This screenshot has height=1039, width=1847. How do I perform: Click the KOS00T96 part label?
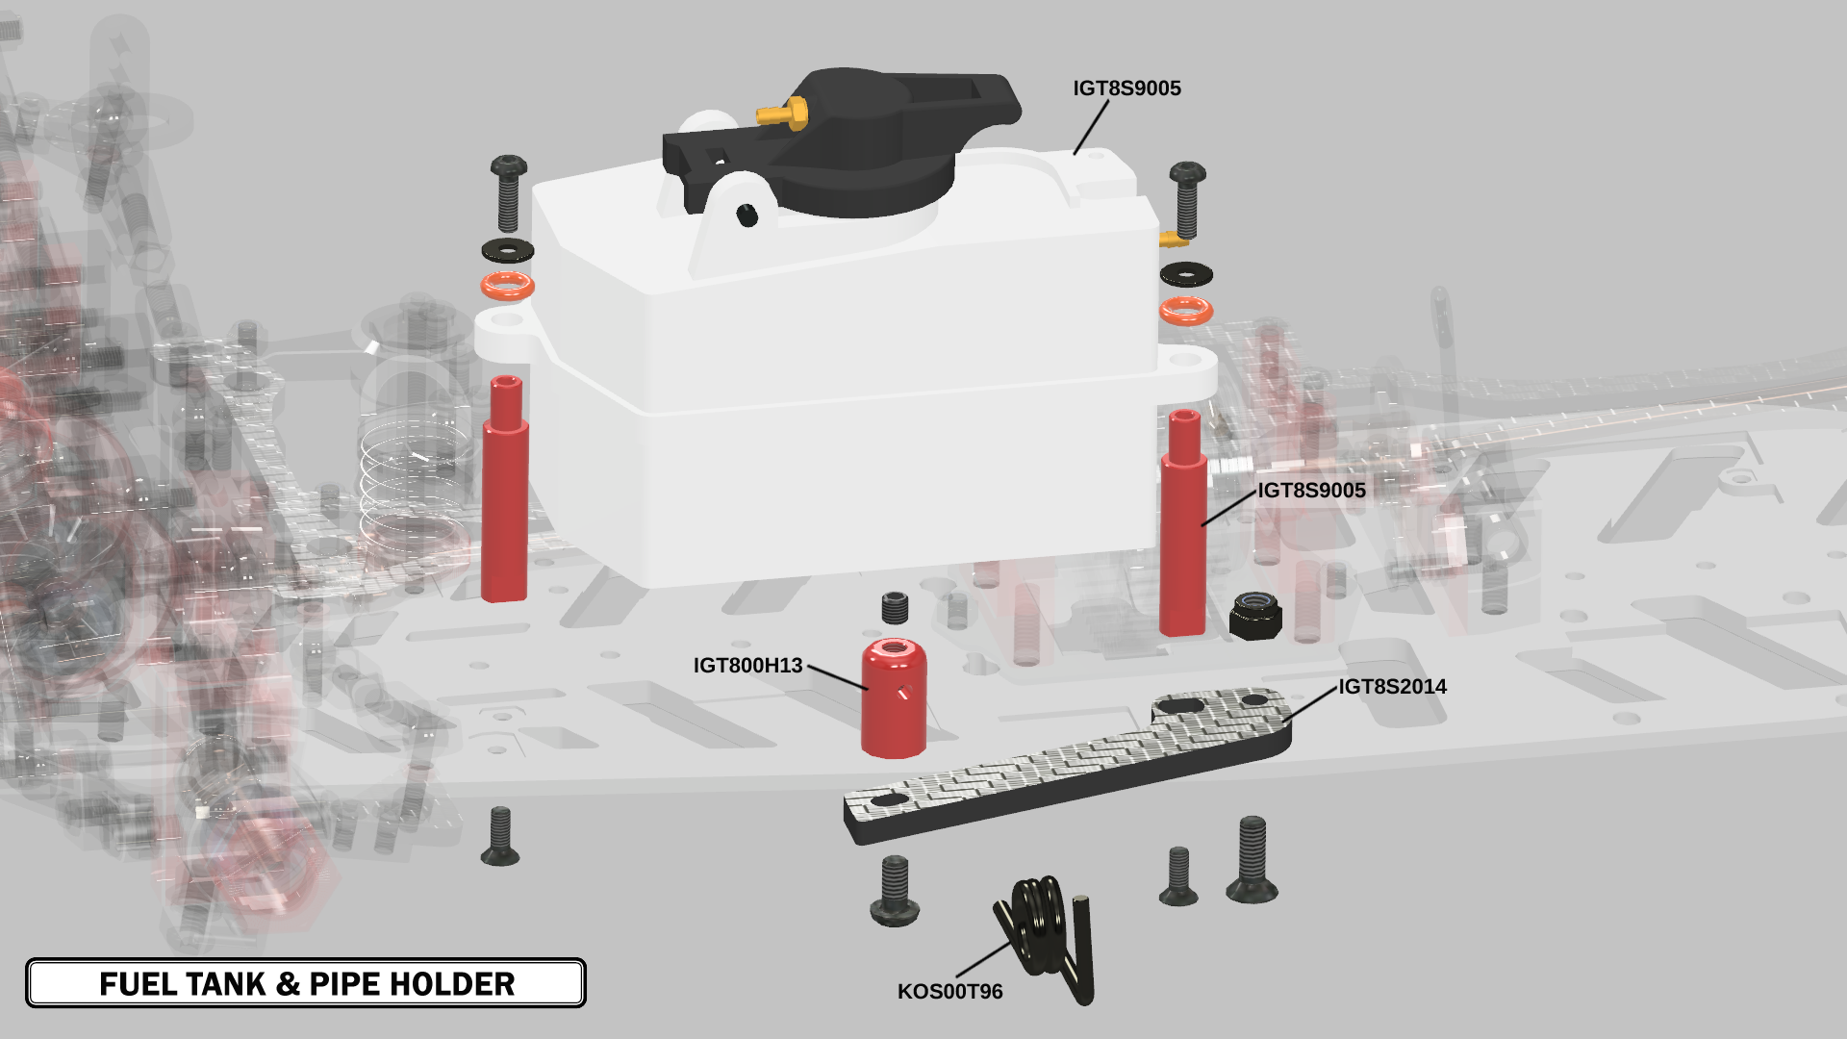pos(949,992)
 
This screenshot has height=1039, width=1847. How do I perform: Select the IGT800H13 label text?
pos(747,666)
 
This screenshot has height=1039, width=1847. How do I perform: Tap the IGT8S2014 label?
pos(1392,687)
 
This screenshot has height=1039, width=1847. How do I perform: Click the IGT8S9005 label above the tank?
pos(1126,89)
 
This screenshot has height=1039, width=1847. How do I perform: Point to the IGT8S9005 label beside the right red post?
pos(1311,491)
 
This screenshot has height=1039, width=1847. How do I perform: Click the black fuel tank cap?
pos(847,139)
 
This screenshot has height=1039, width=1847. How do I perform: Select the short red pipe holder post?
pos(894,697)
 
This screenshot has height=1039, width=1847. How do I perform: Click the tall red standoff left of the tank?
pos(505,489)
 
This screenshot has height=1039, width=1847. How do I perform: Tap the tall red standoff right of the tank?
pos(1183,523)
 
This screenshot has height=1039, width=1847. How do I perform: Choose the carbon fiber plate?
pos(1068,765)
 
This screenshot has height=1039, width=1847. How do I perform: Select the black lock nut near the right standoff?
pos(1255,616)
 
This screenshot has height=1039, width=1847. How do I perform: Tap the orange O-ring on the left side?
pos(508,286)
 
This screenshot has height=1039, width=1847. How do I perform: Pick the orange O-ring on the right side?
pos(1186,311)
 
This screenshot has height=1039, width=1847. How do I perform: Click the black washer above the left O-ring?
pos(508,250)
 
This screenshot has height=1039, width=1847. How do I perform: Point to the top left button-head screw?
pos(508,192)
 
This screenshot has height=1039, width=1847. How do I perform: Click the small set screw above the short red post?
pos(895,608)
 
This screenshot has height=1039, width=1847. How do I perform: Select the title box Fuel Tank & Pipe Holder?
pos(306,983)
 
